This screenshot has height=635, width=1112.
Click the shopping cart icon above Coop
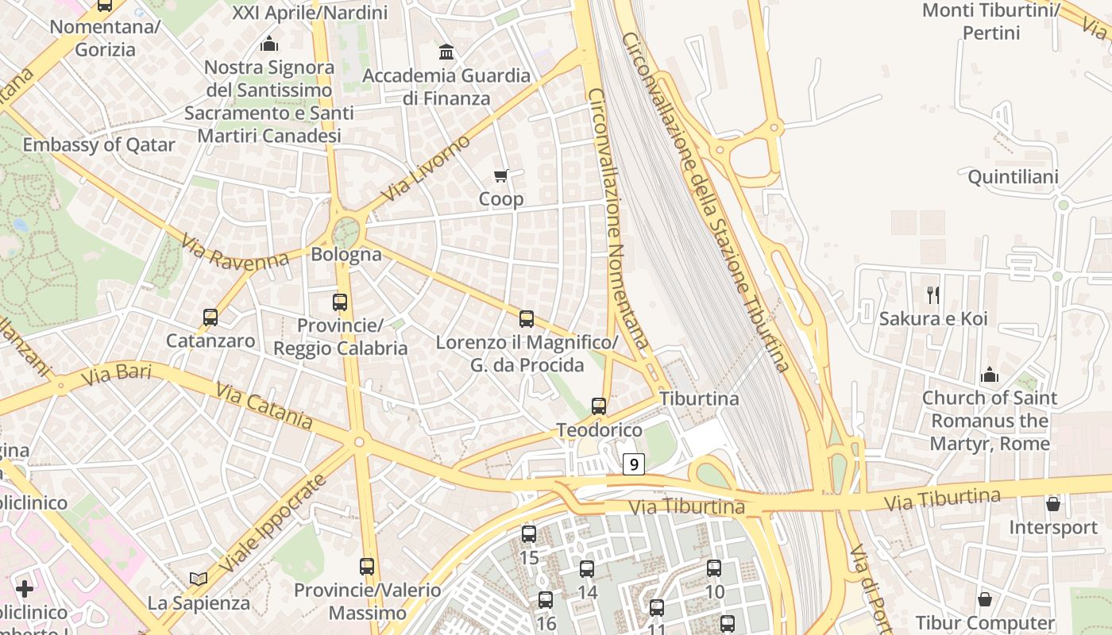click(500, 175)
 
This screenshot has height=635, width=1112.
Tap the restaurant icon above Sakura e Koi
click(933, 295)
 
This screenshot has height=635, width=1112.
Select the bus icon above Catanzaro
click(210, 317)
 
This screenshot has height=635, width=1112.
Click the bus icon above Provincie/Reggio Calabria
click(340, 302)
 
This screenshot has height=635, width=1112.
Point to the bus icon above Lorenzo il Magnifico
click(527, 319)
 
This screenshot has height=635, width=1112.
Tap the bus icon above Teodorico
click(599, 406)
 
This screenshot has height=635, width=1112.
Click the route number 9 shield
click(633, 464)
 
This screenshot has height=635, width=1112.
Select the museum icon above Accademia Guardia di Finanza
click(446, 52)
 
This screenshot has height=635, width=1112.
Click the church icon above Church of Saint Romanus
click(990, 374)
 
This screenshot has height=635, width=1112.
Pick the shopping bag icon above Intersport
click(1053, 504)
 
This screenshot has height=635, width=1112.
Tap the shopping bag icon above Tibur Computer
click(985, 599)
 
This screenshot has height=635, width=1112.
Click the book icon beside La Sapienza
click(199, 579)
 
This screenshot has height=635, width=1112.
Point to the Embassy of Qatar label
click(98, 145)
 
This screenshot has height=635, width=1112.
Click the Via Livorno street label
click(426, 169)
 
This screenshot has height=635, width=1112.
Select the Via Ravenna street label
click(234, 252)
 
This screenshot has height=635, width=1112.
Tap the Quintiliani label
click(1013, 176)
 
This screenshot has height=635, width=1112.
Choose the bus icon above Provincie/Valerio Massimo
click(367, 567)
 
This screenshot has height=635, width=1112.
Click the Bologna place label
click(346, 255)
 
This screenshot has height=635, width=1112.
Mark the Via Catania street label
click(264, 405)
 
